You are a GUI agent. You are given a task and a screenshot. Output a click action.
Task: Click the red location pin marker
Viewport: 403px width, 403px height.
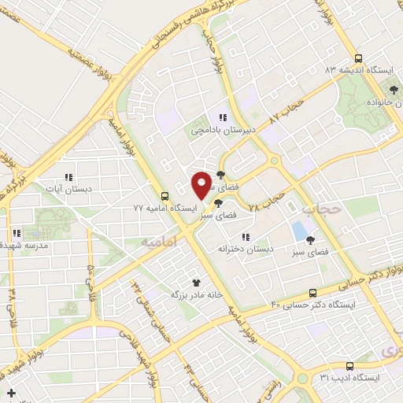click(202, 184)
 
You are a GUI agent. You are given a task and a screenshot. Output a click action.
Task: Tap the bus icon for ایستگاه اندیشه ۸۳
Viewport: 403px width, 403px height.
click(359, 58)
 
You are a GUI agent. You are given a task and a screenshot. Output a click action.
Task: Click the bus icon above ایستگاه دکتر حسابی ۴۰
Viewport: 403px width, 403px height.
click(313, 292)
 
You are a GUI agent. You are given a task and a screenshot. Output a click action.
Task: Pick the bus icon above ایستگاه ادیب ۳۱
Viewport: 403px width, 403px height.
click(350, 366)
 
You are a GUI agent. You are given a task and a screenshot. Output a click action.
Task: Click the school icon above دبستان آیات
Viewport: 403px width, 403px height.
click(68, 178)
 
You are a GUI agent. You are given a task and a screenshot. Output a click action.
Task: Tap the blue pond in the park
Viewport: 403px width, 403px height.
click(299, 230)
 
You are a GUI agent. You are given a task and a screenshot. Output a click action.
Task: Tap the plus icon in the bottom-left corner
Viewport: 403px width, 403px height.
click(11, 392)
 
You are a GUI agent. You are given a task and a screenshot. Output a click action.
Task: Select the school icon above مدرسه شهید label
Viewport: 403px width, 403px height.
click(16, 233)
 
